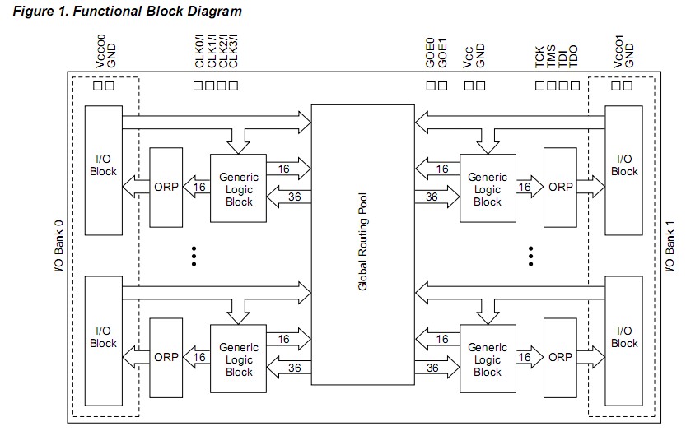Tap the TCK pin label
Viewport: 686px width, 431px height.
click(539, 56)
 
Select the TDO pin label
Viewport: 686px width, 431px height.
click(574, 56)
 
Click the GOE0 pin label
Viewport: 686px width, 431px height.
click(430, 53)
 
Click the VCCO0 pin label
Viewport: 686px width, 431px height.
click(100, 51)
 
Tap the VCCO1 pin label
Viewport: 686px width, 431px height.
click(618, 51)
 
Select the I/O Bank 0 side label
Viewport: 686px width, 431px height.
click(58, 245)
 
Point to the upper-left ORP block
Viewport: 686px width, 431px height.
click(166, 188)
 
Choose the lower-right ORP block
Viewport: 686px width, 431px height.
click(560, 358)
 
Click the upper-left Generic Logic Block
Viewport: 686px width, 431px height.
click(239, 189)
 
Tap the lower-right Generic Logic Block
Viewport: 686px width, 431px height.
click(488, 359)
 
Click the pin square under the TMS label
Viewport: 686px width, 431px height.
click(552, 85)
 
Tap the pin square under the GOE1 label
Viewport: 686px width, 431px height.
click(443, 85)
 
